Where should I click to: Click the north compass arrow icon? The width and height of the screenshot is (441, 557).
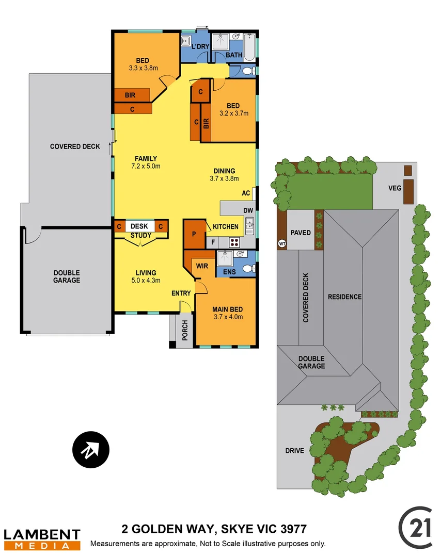tap(91, 450)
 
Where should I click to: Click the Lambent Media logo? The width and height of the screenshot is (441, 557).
tap(42, 539)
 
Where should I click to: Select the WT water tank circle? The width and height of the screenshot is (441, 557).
tap(282, 243)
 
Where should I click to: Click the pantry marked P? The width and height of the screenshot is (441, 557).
tap(194, 234)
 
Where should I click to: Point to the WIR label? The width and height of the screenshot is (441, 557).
tap(201, 266)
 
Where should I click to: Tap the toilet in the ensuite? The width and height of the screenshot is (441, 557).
tap(247, 269)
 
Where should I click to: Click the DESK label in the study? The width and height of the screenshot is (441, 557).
tap(139, 226)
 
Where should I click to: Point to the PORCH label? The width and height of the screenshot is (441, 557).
tap(184, 330)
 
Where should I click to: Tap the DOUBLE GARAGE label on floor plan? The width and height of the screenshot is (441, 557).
tap(66, 276)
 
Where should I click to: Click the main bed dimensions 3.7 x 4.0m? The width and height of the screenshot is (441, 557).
tap(227, 317)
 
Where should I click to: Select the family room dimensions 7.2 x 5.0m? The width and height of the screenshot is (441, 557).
tap(146, 166)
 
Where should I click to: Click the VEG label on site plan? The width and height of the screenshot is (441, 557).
tap(395, 188)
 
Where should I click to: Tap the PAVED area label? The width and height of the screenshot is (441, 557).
tap(301, 233)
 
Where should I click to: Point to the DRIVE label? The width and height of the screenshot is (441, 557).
tap(294, 450)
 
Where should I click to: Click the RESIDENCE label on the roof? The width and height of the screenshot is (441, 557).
tap(344, 297)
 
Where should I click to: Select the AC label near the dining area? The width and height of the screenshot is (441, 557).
tap(246, 193)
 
